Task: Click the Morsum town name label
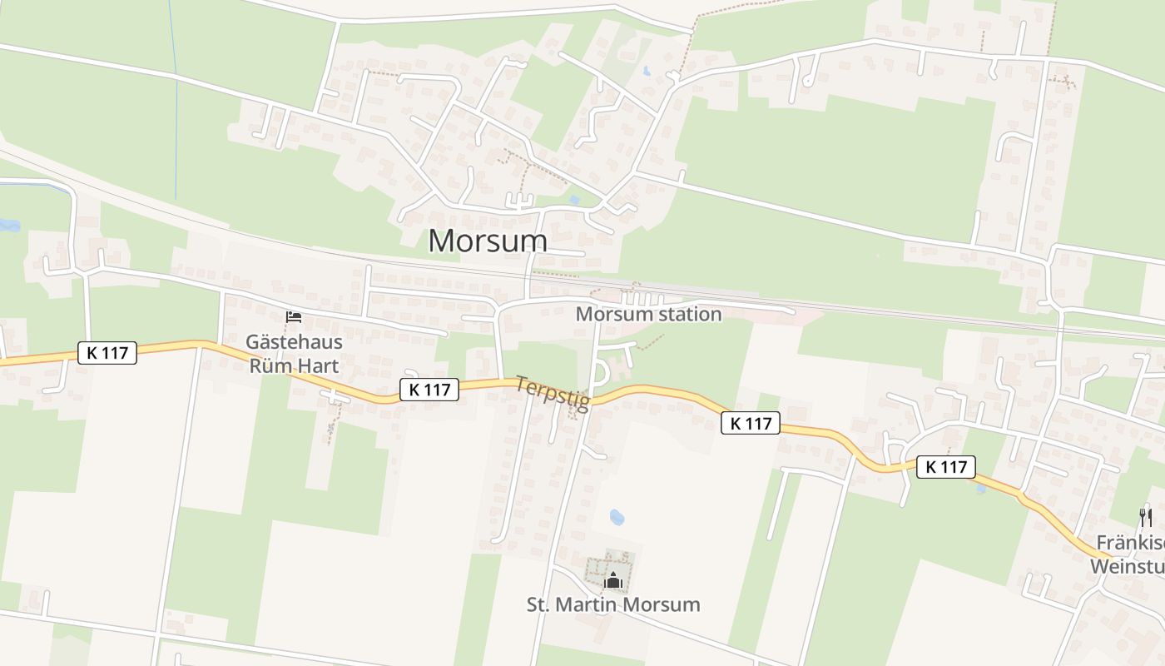488,241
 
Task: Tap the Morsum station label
648,314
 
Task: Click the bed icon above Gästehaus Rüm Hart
293,317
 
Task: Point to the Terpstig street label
553,393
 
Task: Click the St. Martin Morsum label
613,604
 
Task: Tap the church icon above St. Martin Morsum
613,579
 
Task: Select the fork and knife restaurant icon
1146,518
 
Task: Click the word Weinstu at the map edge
1127,566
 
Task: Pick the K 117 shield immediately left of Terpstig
429,389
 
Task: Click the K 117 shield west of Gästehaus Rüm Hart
107,352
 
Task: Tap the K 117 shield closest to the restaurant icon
946,467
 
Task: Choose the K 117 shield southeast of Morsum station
751,423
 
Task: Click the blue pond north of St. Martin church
617,517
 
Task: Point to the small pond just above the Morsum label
574,200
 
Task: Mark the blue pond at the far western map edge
8,225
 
